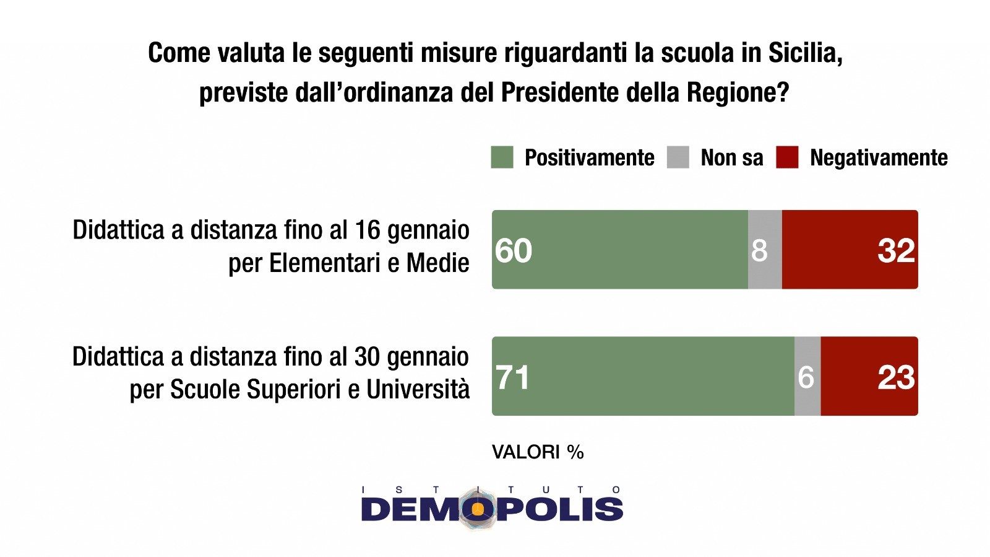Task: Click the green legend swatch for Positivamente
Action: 502,157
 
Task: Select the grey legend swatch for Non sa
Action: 678,157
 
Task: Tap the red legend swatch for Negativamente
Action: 787,157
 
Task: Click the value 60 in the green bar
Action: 514,250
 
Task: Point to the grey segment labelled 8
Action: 765,250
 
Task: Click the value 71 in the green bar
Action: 513,377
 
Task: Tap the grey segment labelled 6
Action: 807,377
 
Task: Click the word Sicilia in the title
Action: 805,53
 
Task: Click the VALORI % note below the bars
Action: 538,452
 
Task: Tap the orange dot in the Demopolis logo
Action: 478,509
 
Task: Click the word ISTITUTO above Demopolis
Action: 491,489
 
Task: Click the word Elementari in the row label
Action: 325,263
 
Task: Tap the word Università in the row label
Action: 418,390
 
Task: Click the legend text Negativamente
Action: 879,158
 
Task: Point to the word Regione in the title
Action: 738,93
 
